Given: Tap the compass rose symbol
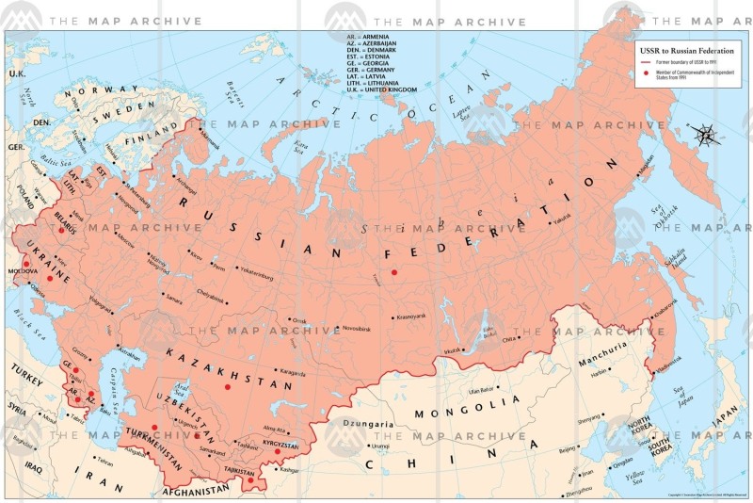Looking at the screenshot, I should click(x=705, y=134).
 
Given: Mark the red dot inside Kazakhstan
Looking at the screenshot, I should click(x=227, y=386).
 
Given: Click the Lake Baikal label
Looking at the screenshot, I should click(x=489, y=332).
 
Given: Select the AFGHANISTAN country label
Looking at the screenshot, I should click(x=196, y=491).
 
